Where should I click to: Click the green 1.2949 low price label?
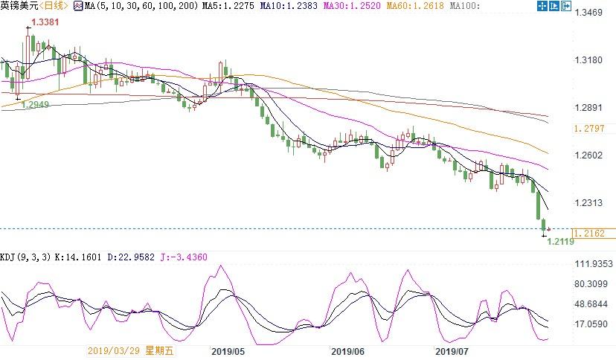[x=36, y=105]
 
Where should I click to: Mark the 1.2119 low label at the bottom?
[x=561, y=241]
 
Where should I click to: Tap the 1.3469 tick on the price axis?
[x=592, y=13]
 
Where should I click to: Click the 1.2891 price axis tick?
[x=592, y=106]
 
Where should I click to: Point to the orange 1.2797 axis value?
[x=592, y=128]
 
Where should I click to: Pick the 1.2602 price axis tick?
[x=592, y=155]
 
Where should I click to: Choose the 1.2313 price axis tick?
[x=592, y=202]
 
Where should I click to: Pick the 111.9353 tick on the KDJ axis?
[x=595, y=263]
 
